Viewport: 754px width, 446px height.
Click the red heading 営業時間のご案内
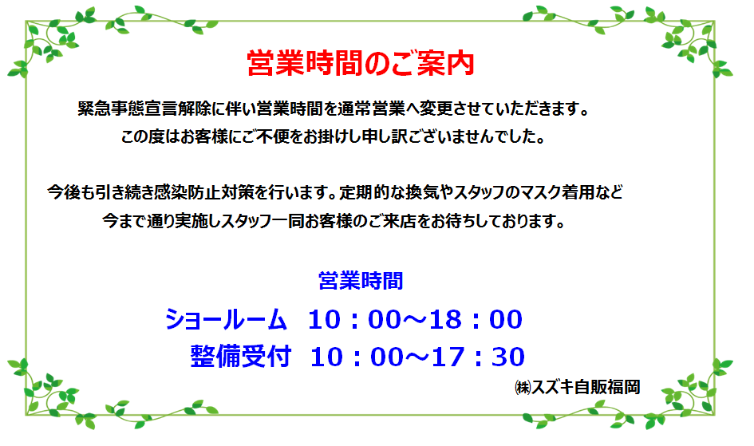(361, 63)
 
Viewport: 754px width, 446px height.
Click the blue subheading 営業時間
(361, 281)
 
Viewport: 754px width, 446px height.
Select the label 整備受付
(240, 357)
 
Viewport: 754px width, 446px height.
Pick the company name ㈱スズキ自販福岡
(577, 387)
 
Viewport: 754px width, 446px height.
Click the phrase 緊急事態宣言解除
(144, 109)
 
